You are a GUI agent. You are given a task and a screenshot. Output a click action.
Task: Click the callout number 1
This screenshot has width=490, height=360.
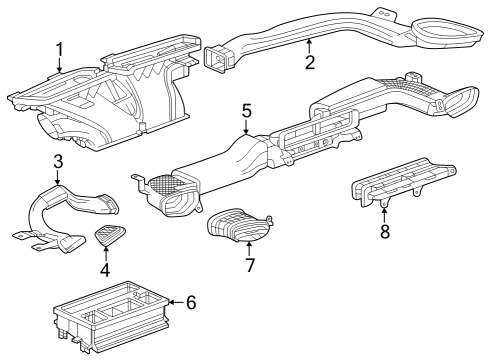(60, 48)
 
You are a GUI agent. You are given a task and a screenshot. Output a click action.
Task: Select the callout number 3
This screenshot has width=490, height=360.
(58, 161)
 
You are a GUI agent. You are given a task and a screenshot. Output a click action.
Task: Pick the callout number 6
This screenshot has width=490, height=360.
(192, 301)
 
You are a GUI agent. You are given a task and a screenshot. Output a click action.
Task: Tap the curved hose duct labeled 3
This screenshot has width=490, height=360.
(60, 215)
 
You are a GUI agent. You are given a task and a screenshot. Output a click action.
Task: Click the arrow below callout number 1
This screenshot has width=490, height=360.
(60, 68)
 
